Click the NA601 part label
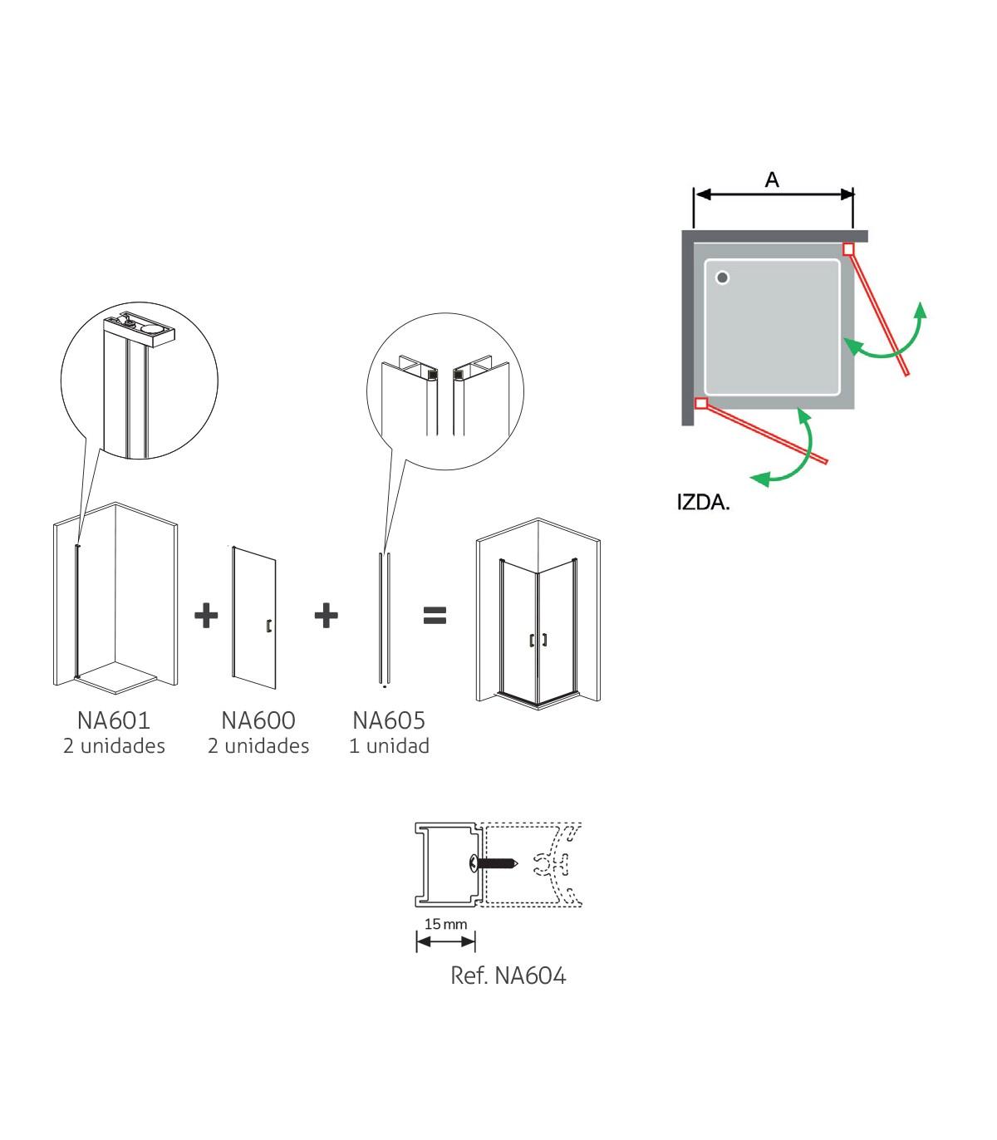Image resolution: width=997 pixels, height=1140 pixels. [x=114, y=721]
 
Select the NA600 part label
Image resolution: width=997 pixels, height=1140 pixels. [x=258, y=721]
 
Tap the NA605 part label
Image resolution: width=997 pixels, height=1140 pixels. [x=389, y=721]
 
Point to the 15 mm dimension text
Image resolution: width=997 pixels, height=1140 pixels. [x=445, y=924]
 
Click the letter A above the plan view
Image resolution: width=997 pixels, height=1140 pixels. [x=772, y=179]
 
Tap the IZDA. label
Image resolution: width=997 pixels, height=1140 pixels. [x=703, y=503]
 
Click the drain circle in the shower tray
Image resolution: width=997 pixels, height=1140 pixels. [x=722, y=278]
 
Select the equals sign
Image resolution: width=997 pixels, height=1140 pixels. [x=435, y=616]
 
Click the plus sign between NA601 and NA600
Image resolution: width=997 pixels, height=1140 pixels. [x=206, y=616]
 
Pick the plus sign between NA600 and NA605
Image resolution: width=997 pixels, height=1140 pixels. [x=327, y=616]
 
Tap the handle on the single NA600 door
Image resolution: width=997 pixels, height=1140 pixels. [x=268, y=627]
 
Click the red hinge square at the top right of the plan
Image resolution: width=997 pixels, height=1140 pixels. [x=848, y=248]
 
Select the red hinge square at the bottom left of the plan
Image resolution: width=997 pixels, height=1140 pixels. [x=701, y=403]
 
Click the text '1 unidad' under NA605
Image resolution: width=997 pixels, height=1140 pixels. [x=389, y=746]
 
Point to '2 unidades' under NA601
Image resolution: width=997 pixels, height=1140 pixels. [x=114, y=746]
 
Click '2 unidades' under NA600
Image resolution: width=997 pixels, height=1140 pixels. [x=258, y=746]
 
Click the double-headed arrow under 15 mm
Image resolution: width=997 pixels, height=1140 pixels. [x=445, y=941]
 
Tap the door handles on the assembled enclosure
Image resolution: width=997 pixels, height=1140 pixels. [x=538, y=640]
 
